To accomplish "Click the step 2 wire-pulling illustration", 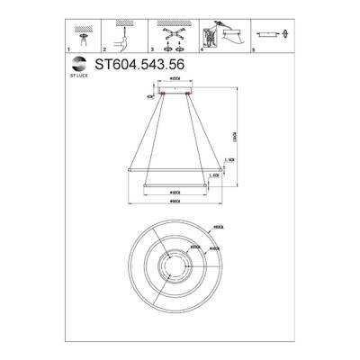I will [124, 36].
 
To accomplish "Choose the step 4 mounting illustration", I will [224, 35].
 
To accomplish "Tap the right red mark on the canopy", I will [189, 92].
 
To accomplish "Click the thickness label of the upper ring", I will [231, 160].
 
